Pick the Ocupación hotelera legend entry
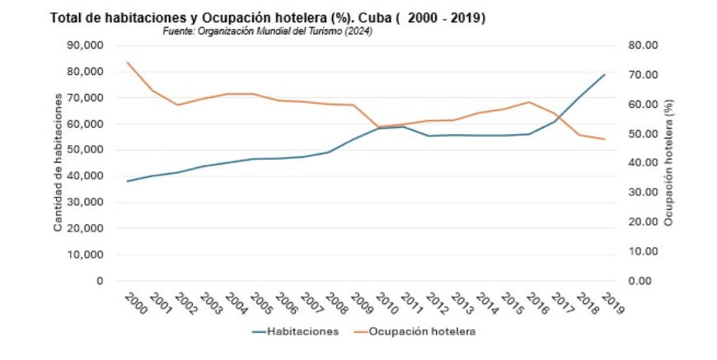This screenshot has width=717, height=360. click(420, 331)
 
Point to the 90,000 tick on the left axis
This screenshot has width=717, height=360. click(85, 45)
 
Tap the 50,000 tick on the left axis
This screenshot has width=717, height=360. click(85, 150)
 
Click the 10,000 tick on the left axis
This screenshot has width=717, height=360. click(85, 255)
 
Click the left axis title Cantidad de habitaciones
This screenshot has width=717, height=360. click(59, 163)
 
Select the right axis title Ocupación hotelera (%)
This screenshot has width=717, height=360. click(669, 163)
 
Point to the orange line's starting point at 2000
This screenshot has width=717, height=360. click(128, 63)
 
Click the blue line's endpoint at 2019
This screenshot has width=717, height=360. click(605, 75)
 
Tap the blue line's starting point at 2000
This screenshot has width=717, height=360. click(128, 181)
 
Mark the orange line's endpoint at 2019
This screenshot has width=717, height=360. click(605, 139)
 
